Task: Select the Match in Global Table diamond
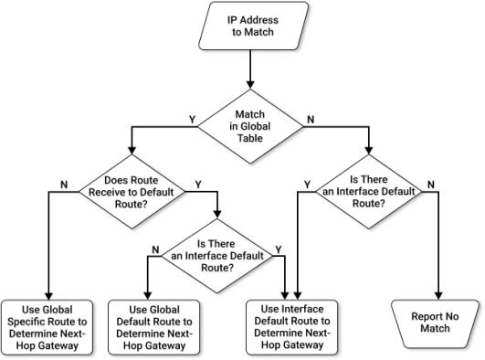tap(250, 127)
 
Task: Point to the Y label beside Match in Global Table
tap(190, 118)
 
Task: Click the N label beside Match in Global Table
tap(311, 118)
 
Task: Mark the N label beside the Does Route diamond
tap(63, 183)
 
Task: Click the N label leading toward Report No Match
tap(430, 183)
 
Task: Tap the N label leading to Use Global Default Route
tap(154, 248)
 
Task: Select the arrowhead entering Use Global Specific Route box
tap(47, 293)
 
